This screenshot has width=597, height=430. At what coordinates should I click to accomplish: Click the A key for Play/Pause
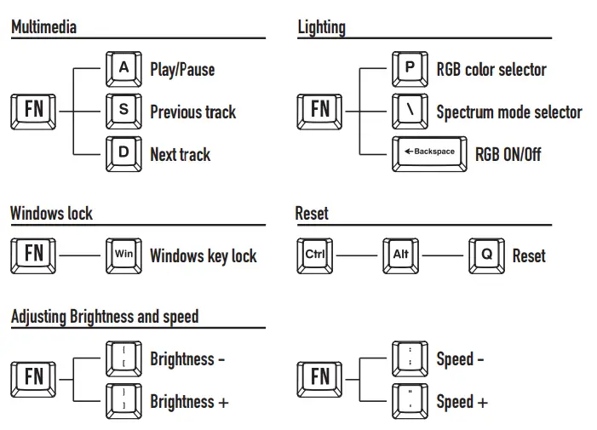123,69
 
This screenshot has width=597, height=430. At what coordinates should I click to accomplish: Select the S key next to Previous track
123,111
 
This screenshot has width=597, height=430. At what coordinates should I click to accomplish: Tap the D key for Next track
123,153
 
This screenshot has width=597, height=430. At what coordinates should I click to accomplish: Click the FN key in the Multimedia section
33,111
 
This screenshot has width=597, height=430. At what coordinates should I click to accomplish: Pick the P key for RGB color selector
410,69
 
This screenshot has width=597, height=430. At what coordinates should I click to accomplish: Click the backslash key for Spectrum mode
410,111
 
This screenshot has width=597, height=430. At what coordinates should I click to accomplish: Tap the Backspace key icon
429,153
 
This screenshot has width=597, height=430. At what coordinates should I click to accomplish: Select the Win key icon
123,255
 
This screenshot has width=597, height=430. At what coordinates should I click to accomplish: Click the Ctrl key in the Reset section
314,255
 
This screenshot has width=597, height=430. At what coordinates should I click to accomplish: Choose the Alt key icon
400,255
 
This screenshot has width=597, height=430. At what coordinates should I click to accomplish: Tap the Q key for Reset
486,255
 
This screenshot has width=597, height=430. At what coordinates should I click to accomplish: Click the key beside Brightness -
123,358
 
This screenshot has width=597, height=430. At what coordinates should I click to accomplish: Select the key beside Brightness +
123,400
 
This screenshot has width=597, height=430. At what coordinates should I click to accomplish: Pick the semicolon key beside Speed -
410,358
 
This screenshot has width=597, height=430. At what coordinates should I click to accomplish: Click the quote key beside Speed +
410,400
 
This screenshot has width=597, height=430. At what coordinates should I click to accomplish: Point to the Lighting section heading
321,27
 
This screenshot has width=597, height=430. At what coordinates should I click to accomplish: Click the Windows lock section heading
51,213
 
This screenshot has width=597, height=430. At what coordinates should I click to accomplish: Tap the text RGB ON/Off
508,154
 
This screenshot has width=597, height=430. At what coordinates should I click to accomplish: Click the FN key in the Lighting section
319,111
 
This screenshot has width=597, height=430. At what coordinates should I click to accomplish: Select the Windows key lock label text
203,255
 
